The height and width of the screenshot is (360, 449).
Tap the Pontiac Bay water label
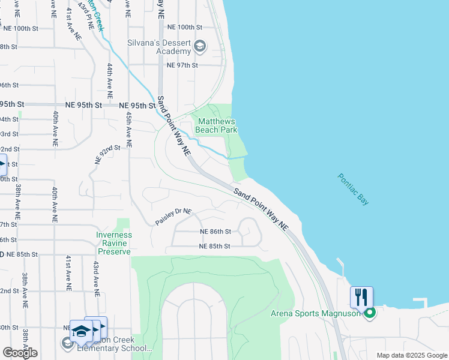[x=353, y=190]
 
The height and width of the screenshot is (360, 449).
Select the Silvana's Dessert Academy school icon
[x=200, y=47]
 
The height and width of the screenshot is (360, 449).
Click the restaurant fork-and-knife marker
[x=361, y=297]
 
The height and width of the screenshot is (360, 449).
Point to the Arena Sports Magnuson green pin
[x=370, y=313]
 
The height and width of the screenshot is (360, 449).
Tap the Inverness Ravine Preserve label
[x=113, y=243]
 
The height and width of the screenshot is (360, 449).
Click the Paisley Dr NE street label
[x=173, y=217]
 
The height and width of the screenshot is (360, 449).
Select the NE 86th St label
[x=215, y=232]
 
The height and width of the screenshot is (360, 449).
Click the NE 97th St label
[x=182, y=65]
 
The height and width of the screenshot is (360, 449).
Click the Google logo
[x=20, y=353]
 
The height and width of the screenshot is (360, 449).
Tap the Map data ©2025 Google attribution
[x=412, y=355]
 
